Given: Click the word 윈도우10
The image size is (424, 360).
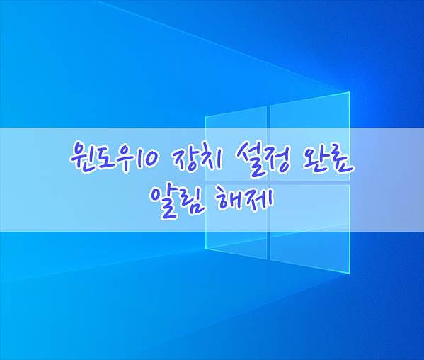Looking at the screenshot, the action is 113,159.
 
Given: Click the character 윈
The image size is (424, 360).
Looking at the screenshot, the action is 82,159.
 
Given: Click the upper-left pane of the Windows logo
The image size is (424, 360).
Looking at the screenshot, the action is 236,143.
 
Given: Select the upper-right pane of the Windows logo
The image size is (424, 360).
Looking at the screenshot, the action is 310,137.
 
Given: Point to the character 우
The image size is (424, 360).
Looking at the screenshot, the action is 124,160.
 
